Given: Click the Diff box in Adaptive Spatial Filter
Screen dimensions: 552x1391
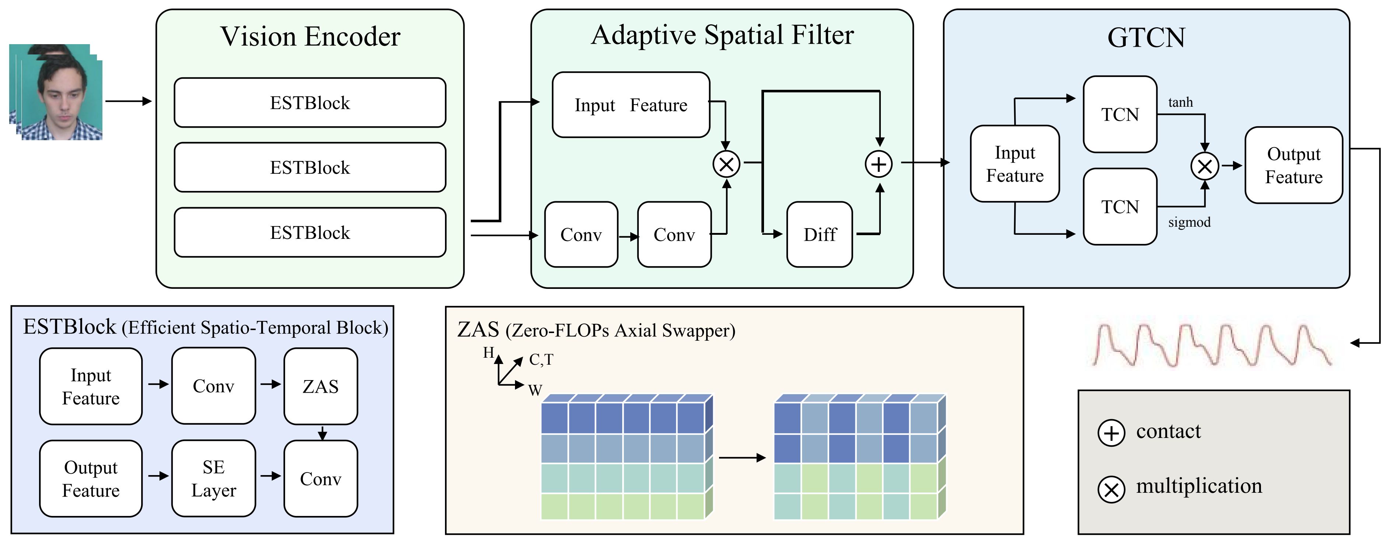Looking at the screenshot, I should (x=819, y=235).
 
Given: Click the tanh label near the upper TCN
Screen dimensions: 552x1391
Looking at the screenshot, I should (x=1180, y=103).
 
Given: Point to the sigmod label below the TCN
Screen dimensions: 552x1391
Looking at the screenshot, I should (x=1189, y=222).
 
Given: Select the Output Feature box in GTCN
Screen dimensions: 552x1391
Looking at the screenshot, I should (x=1293, y=165).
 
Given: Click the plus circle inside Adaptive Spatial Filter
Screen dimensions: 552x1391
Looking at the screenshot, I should (x=879, y=164).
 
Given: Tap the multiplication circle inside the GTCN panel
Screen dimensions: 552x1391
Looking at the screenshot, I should (x=1204, y=166).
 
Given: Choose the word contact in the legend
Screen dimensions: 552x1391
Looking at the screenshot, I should (x=1168, y=431).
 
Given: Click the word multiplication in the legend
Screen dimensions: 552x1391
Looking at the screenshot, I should (x=1199, y=486).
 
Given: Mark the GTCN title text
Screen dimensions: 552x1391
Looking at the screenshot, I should (x=1146, y=38).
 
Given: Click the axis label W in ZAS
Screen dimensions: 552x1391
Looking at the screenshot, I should (x=535, y=390).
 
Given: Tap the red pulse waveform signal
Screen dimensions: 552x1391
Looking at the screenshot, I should (x=1212, y=345).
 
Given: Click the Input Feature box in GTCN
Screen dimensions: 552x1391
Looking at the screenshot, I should (x=1015, y=164).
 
